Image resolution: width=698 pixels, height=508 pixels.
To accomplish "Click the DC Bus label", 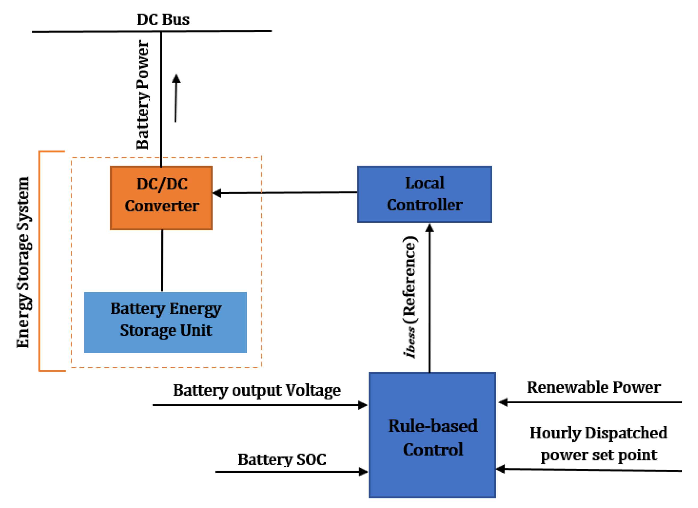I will (163, 20).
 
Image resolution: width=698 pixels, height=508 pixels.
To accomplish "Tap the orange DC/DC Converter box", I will (161, 198).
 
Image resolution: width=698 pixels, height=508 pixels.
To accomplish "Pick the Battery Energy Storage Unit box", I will (165, 322).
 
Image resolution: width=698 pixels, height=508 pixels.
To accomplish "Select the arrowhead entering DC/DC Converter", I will (217, 193).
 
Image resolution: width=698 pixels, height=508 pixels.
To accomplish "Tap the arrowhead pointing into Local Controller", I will (429, 228).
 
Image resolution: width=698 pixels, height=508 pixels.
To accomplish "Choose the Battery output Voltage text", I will (257, 391).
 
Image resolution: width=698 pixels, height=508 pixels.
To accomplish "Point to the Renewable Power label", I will (593, 387).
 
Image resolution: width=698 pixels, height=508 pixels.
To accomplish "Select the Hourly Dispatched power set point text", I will (598, 444).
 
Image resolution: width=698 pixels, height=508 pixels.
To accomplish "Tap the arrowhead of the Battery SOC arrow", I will (363, 471).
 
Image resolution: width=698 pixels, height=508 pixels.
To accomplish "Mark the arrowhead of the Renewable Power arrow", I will (503, 402).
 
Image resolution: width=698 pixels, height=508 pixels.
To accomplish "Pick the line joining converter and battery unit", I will (162, 260).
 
